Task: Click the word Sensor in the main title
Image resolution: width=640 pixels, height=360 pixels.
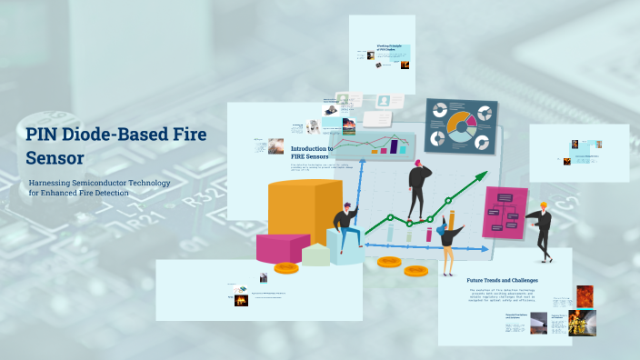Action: pos(55,158)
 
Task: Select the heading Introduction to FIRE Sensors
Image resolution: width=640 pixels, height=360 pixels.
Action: pos(312,153)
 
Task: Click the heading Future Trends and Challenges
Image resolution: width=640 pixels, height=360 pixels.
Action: pos(502,280)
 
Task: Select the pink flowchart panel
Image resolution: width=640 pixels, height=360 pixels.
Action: pos(505,213)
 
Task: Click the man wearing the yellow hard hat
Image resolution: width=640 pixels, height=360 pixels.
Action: pos(543,229)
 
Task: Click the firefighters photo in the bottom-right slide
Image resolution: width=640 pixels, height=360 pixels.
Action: pos(581,322)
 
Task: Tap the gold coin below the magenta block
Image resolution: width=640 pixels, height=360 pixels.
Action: pos(286,267)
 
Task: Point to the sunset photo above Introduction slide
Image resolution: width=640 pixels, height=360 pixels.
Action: pos(349,128)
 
